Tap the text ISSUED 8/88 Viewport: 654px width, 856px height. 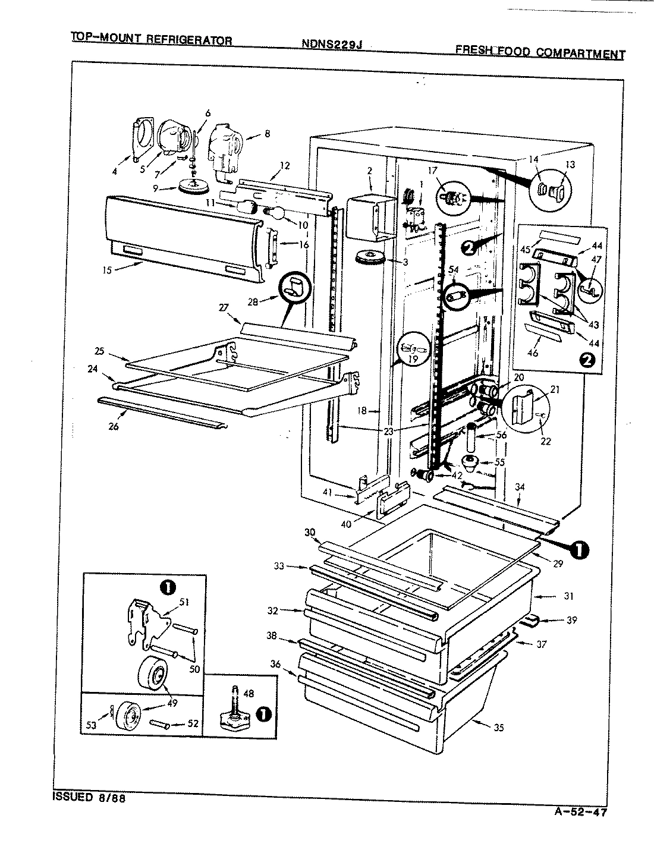click(88, 797)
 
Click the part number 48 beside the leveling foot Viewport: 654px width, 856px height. click(249, 693)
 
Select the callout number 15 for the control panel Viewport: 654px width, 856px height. click(106, 270)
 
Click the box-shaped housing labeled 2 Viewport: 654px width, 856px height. click(369, 217)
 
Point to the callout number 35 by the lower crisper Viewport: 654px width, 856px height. click(498, 726)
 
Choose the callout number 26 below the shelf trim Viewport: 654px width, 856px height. click(114, 426)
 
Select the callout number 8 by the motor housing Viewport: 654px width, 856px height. click(267, 134)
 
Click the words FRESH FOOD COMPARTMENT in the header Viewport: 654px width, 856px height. click(540, 52)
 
